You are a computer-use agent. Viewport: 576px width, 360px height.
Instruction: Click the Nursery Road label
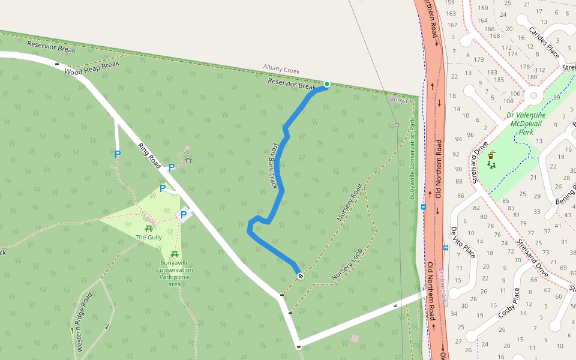tap(349, 202)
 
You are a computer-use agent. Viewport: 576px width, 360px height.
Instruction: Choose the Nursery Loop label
tap(347, 265)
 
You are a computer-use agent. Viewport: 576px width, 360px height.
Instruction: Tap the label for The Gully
tap(148, 238)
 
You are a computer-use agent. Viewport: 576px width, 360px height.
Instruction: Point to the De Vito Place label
tap(463, 242)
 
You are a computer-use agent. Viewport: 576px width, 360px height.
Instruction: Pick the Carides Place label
tap(544, 43)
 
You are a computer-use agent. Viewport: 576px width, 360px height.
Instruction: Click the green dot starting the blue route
tap(327, 84)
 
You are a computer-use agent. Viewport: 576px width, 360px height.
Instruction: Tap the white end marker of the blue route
tap(300, 276)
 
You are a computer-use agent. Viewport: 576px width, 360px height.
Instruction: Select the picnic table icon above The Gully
tap(148, 228)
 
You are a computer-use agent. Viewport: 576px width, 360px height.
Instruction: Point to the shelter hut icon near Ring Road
tap(188, 160)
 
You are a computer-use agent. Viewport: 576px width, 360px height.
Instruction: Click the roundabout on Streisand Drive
tap(533, 94)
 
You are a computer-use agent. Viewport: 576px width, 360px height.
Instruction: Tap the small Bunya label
tap(398, 100)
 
